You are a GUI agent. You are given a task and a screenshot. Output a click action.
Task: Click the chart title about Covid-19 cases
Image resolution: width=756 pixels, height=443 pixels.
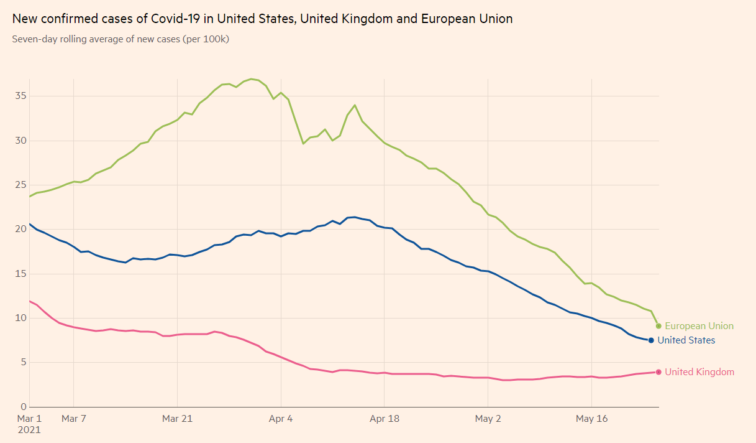tap(262, 19)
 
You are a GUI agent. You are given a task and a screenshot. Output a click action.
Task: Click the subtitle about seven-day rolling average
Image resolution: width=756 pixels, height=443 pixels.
tap(121, 39)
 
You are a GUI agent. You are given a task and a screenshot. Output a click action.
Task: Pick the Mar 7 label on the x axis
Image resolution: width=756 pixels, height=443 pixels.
tap(73, 419)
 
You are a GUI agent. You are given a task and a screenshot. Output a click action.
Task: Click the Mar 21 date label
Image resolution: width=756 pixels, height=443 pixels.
tap(177, 419)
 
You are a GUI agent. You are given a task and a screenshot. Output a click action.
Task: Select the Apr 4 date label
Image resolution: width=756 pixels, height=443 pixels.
tap(281, 419)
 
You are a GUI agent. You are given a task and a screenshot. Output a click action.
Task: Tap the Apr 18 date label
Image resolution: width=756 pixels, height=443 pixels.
tap(384, 419)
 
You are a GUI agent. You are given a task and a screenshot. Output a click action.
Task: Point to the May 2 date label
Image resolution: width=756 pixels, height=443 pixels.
tap(488, 419)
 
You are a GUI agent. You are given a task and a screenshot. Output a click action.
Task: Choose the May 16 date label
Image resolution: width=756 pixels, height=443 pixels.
tap(591, 419)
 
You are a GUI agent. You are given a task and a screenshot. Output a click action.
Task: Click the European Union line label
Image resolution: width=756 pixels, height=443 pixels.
tap(699, 326)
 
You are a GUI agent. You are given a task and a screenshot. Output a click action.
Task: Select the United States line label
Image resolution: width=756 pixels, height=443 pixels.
tap(686, 340)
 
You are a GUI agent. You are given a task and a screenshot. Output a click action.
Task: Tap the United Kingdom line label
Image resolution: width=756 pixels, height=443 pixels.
tap(699, 372)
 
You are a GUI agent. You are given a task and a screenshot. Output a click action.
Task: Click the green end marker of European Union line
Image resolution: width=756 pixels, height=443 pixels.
tap(658, 326)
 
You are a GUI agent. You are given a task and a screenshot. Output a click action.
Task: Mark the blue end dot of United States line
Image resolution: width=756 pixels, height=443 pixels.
tap(651, 340)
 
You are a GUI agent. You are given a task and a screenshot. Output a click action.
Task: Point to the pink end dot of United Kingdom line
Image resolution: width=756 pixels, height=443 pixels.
tap(658, 372)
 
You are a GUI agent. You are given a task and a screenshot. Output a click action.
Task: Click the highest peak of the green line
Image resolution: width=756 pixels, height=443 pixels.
tap(251, 79)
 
